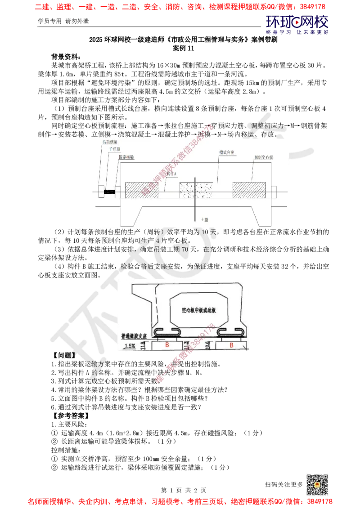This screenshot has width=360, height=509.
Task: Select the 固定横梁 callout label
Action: point(126,157)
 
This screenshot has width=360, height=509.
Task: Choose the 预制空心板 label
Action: point(262,158)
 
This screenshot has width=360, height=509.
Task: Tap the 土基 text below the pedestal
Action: point(205,219)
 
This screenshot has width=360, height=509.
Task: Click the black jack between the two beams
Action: point(109,192)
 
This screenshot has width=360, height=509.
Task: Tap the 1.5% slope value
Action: point(130,346)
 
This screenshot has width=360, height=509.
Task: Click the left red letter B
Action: point(167,345)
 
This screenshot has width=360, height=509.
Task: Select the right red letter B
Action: point(232,345)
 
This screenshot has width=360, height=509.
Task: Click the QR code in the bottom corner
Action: point(316,483)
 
